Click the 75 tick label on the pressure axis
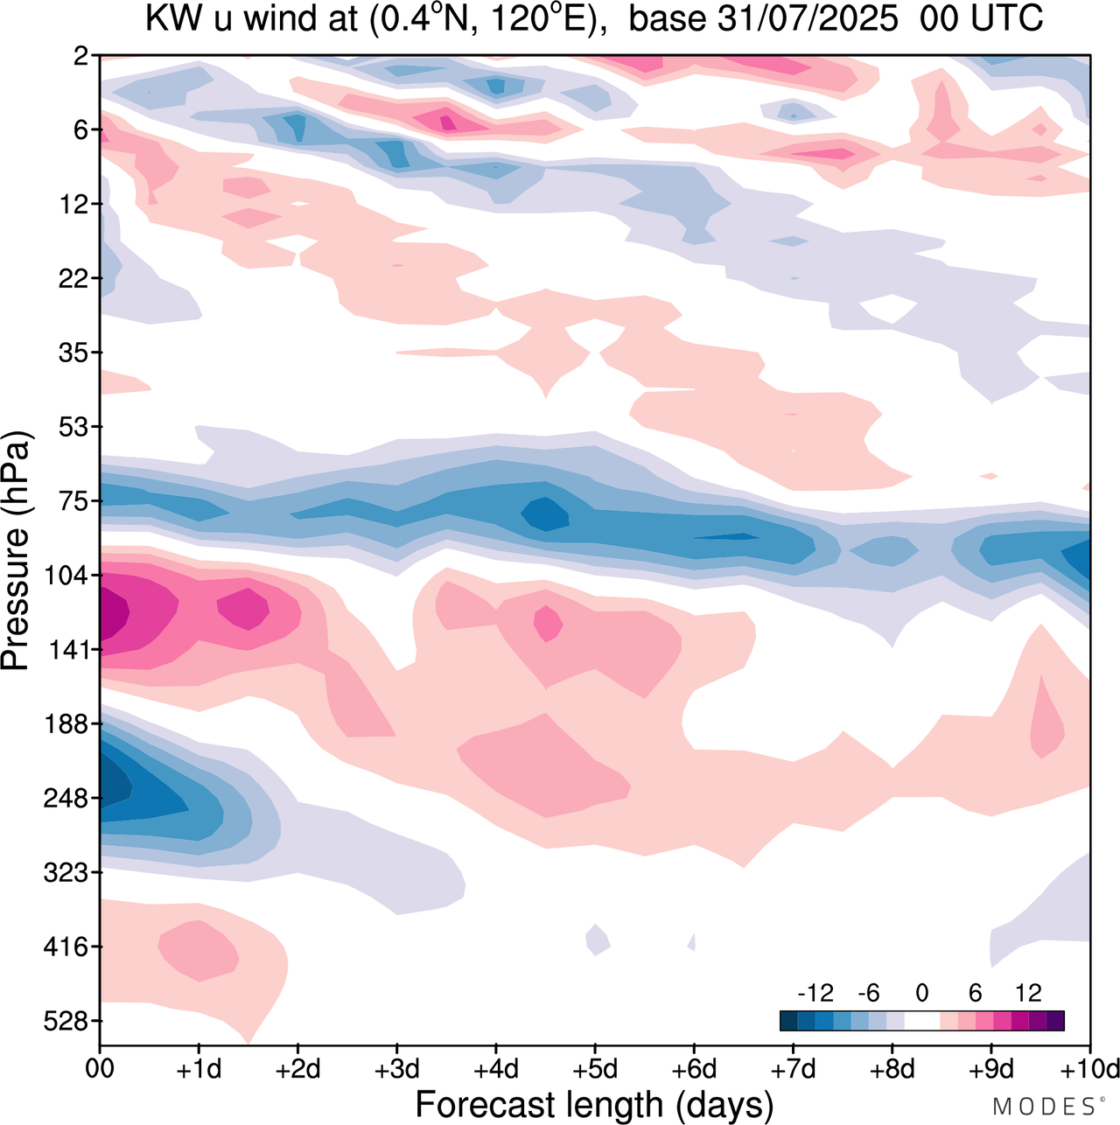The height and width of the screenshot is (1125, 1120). click(73, 501)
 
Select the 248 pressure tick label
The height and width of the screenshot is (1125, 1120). click(66, 799)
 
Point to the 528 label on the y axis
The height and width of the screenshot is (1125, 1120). click(66, 1022)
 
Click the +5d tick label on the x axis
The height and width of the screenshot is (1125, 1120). click(595, 1069)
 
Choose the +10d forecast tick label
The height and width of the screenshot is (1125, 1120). click(1088, 1069)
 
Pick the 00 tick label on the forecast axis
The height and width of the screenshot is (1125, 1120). click(100, 1069)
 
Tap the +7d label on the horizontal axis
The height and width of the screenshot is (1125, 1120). click(793, 1069)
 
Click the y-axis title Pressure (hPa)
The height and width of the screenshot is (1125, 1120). click(16, 551)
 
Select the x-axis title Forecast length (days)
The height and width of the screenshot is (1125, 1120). click(594, 1104)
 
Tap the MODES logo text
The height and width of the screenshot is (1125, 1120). click(1046, 1107)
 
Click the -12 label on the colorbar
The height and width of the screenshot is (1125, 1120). click(815, 993)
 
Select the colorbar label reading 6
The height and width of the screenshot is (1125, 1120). click(976, 993)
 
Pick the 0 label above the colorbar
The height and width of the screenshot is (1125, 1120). click(922, 993)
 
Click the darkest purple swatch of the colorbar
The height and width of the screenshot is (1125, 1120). click(1055, 1021)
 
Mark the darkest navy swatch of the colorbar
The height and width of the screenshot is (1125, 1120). click(788, 1021)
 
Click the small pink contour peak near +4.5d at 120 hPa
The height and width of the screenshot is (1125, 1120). click(549, 623)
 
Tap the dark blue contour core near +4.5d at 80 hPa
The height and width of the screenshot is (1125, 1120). click(545, 513)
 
